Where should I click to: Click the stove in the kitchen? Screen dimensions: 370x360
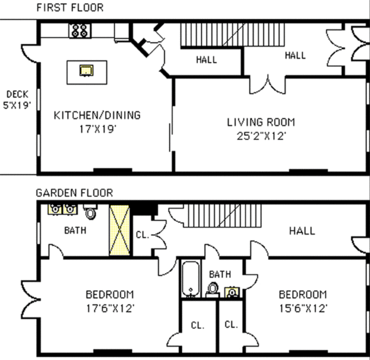[x=80, y=31]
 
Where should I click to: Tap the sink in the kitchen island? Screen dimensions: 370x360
[x=86, y=70]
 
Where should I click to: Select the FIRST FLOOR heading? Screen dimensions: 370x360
[x=70, y=8]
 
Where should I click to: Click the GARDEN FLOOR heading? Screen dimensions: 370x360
[x=74, y=193]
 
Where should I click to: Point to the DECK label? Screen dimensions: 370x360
[x=17, y=94]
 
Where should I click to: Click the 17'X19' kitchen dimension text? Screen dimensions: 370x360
[x=98, y=129]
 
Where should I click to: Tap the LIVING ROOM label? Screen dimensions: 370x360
[x=261, y=122]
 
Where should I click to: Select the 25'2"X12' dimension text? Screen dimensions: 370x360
[x=261, y=136]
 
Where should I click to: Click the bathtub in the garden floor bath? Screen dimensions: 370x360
[x=191, y=279]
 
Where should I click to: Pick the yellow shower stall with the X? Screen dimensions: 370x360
[x=120, y=230]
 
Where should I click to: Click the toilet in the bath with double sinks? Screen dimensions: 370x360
[x=90, y=212]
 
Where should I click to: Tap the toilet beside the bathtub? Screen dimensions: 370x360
[x=212, y=290]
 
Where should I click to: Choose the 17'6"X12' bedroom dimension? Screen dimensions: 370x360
[x=110, y=308]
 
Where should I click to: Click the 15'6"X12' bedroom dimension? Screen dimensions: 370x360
[x=303, y=308]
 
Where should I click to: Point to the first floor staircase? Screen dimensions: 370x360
[x=233, y=35]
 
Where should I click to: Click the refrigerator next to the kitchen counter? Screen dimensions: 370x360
[x=122, y=32]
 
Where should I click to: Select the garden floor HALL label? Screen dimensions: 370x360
[x=302, y=231]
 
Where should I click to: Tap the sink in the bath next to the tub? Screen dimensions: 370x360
[x=232, y=292]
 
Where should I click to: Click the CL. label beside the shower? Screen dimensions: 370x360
[x=143, y=235]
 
